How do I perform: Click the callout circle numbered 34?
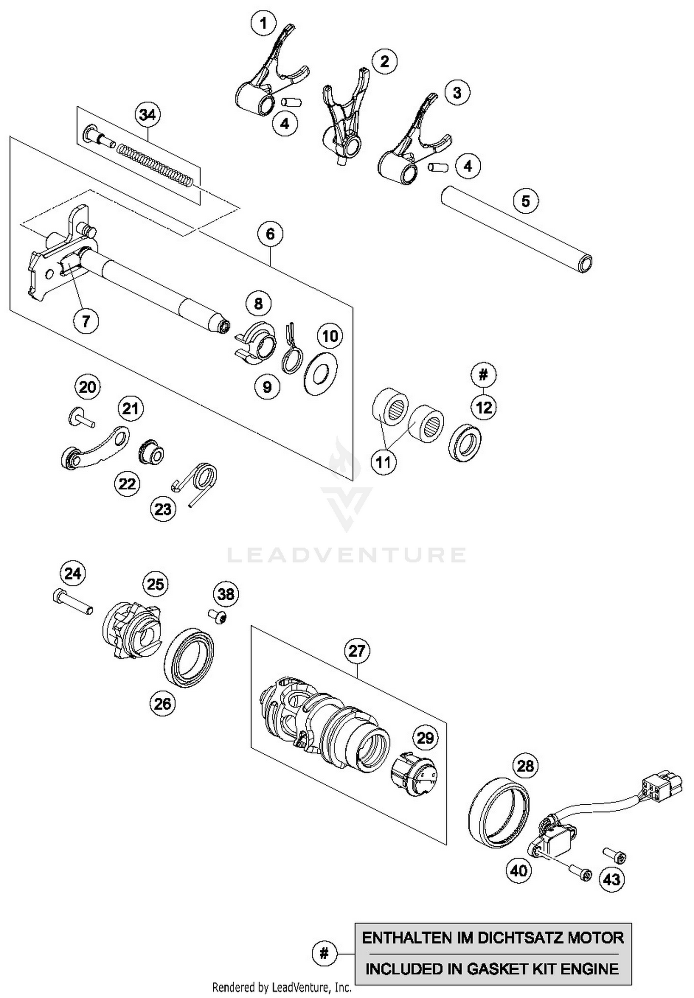148,114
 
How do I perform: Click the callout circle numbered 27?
357,651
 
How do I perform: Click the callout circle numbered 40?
518,870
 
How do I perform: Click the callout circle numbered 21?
130,408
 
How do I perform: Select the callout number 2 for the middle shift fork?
384,61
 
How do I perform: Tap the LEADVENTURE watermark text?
347,554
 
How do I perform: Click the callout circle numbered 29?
425,738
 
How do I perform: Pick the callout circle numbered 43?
612,879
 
